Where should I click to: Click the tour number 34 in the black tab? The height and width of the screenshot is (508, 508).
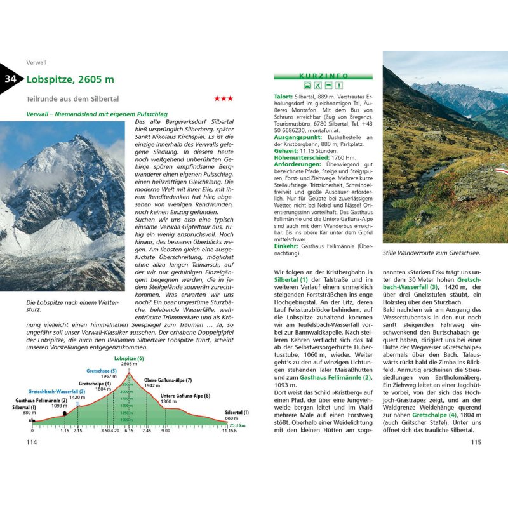point(11,79)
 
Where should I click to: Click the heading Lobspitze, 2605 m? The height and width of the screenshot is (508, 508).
point(70,79)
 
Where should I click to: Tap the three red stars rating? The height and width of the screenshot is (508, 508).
point(223,98)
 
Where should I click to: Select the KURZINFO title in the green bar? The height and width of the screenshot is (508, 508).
point(323,76)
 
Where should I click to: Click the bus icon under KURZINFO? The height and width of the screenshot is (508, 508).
point(307,84)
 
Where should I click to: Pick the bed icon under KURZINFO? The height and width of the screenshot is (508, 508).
point(329,84)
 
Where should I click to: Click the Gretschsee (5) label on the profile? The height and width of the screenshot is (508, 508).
point(102,371)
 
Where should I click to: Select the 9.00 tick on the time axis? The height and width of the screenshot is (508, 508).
point(165,431)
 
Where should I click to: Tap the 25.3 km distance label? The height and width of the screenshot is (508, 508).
point(237,426)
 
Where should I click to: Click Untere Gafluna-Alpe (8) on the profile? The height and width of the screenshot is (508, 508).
point(185,396)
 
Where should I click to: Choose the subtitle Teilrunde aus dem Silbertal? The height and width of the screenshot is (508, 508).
point(73,98)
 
